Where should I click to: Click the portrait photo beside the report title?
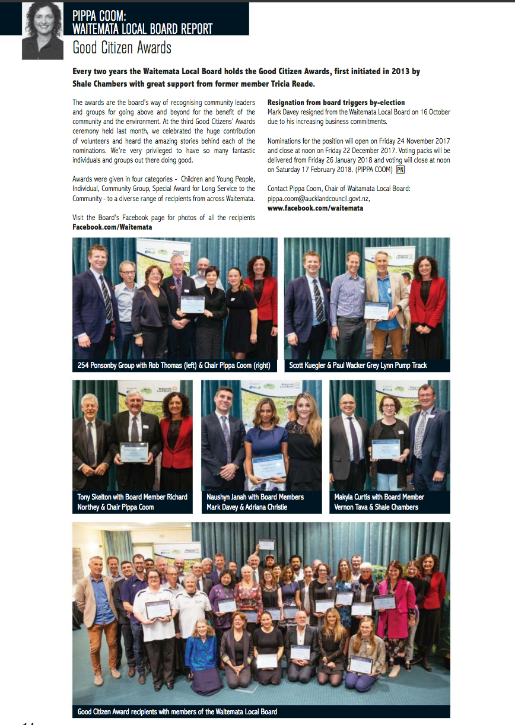[43, 31]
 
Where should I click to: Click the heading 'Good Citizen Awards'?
[122, 47]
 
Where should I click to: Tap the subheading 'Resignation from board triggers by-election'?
[336, 103]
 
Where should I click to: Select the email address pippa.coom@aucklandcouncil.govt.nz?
[319, 199]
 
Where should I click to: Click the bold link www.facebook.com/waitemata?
[315, 208]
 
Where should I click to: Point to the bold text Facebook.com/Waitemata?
[112, 227]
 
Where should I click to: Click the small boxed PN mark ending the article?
[400, 170]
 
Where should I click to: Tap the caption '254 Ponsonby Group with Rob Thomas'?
[174, 365]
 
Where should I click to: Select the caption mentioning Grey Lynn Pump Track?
[358, 365]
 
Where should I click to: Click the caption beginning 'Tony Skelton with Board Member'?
[132, 502]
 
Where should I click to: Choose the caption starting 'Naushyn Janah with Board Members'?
[255, 502]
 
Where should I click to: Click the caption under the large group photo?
[177, 711]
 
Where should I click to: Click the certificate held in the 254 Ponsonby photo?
[192, 304]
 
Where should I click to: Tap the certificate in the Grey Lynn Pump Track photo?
[376, 310]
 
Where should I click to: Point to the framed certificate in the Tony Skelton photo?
[133, 451]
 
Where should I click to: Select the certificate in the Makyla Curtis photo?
[385, 449]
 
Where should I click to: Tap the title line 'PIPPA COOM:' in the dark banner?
[101, 15]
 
